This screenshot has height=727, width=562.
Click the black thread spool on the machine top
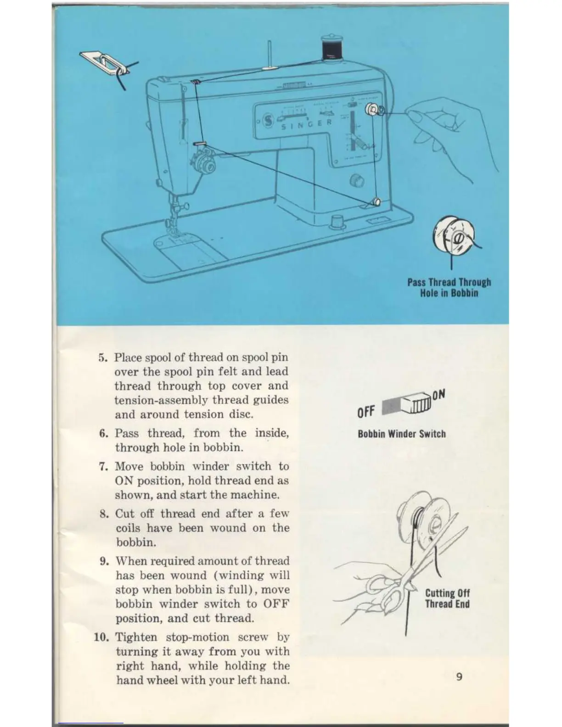coord(330,47)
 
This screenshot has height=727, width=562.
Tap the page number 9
coord(459,677)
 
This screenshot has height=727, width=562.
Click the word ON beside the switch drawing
coord(438,395)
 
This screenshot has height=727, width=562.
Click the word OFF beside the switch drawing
coord(366,412)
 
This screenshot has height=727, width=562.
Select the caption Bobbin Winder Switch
coord(402,434)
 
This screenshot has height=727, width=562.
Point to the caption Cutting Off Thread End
coord(447,598)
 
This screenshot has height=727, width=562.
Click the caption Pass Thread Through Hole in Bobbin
coord(449,288)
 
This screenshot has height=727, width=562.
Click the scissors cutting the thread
coord(404,578)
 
